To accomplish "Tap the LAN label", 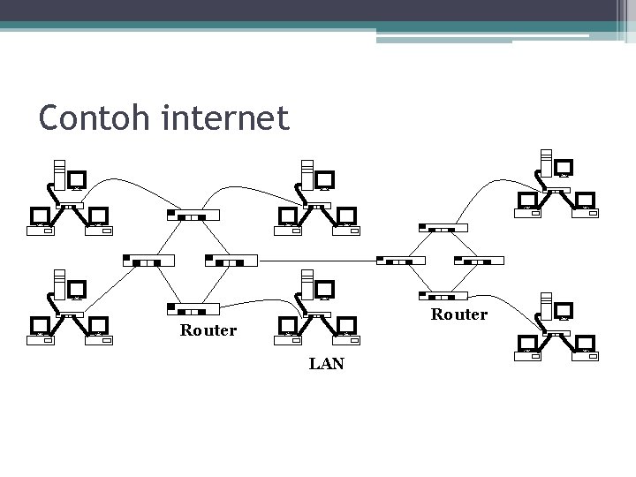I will (x=327, y=363).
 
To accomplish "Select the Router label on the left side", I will (x=208, y=330).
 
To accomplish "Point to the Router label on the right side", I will (x=458, y=314).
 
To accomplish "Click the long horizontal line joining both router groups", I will (x=318, y=261).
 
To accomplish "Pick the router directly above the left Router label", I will (x=193, y=308).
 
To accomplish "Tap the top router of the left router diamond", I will (x=193, y=215).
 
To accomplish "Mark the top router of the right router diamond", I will (x=442, y=227).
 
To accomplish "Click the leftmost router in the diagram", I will (x=148, y=261).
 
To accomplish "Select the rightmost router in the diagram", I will (x=478, y=261).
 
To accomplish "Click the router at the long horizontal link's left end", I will (x=231, y=261).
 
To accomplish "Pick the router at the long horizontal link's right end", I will (x=401, y=261).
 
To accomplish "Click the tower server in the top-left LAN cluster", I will (x=59, y=174).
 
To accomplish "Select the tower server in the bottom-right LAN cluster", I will (x=547, y=305).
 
